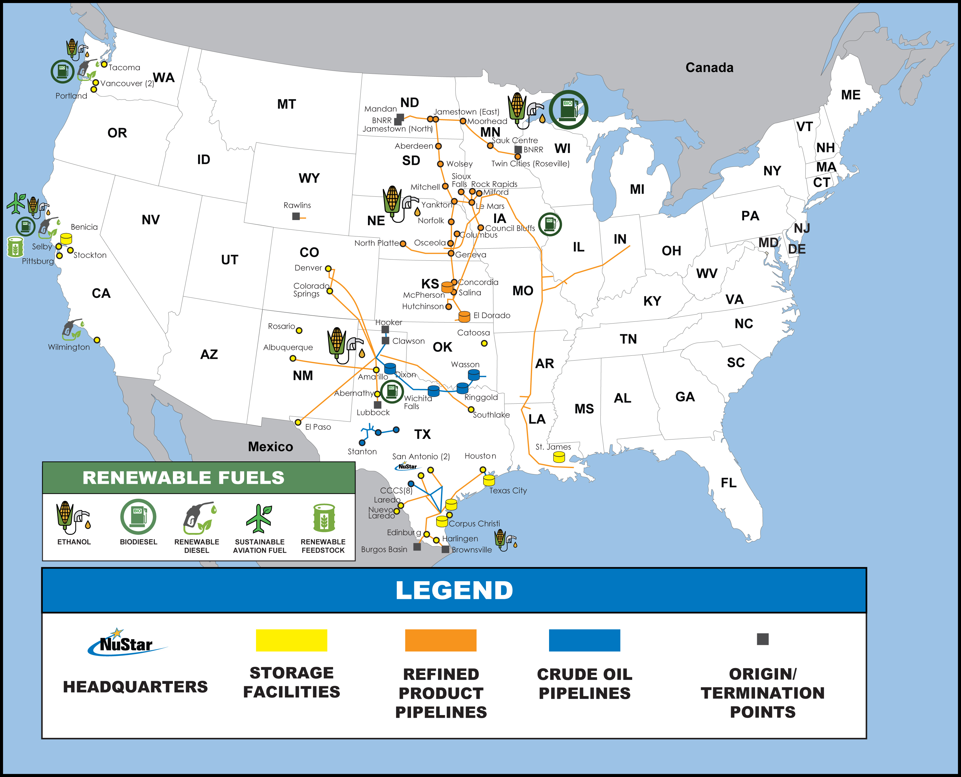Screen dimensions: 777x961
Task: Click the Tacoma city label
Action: [x=124, y=68]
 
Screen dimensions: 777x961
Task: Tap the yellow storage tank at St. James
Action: [x=559, y=457]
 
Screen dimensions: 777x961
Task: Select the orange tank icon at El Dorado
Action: [x=464, y=317]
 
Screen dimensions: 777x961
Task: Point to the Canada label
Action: [x=709, y=68]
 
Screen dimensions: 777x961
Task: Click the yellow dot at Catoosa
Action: [x=484, y=343]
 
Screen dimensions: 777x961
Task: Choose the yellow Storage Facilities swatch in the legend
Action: [x=291, y=640]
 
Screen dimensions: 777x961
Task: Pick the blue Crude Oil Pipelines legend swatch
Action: [x=584, y=640]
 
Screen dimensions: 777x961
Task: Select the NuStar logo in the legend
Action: [x=126, y=643]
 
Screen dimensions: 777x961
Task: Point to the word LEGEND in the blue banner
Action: [x=454, y=590]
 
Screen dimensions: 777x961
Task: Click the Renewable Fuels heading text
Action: [x=184, y=477]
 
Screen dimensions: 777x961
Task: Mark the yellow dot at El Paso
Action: [x=298, y=422]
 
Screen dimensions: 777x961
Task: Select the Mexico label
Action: [x=270, y=447]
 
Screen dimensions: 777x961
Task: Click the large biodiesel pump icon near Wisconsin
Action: [x=568, y=110]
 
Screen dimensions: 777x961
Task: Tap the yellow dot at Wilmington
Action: [x=97, y=340]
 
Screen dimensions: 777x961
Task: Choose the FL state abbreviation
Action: [x=728, y=483]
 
